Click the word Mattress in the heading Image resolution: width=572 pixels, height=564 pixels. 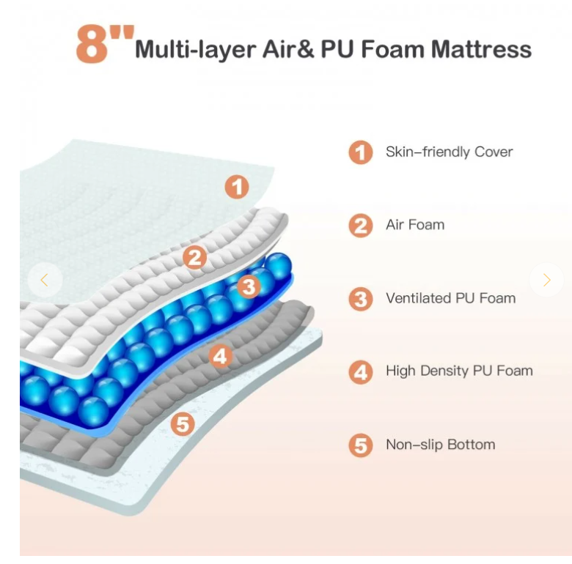(481, 50)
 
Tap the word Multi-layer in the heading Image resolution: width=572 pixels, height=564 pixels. (196, 50)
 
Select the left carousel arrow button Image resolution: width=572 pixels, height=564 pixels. (44, 280)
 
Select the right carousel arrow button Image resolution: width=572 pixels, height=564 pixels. (546, 280)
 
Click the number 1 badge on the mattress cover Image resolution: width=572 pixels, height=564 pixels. (236, 187)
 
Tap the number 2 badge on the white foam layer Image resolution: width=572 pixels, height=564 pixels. (194, 257)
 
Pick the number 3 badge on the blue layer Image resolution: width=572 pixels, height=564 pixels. (249, 286)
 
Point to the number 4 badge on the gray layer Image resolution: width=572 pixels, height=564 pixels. (221, 357)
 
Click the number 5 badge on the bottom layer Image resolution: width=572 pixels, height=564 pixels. (183, 423)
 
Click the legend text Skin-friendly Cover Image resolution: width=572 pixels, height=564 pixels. (449, 152)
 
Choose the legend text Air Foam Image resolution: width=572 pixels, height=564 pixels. (415, 225)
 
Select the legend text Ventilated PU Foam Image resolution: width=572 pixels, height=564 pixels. (450, 298)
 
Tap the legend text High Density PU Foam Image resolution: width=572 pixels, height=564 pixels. (459, 371)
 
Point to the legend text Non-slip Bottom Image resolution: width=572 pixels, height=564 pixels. (440, 445)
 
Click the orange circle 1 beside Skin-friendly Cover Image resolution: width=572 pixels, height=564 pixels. (360, 153)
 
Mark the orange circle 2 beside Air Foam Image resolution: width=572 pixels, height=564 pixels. (360, 226)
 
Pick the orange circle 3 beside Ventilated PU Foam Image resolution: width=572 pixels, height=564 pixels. (360, 299)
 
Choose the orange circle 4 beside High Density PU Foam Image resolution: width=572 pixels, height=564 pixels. (360, 372)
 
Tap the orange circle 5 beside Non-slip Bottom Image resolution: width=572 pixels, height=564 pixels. (360, 445)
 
